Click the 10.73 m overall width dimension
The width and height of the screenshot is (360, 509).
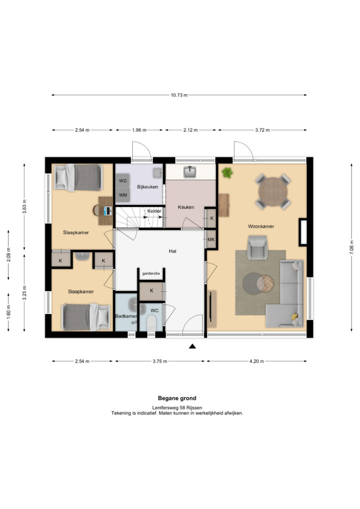tap(179, 95)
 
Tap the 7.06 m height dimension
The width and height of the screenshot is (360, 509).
tap(352, 247)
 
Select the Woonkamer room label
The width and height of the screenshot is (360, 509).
tap(261, 226)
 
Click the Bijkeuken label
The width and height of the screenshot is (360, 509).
tap(147, 187)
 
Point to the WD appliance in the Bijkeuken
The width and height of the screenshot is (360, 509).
tap(123, 181)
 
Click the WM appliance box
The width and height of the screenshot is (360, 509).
tap(123, 195)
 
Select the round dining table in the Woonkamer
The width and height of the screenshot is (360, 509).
tap(273, 192)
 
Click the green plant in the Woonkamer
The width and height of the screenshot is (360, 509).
tap(227, 172)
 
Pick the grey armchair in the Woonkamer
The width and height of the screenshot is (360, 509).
tap(257, 247)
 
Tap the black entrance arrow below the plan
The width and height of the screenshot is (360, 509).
tap(193, 346)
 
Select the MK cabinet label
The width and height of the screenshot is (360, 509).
tap(211, 240)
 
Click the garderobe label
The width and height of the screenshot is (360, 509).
tap(151, 273)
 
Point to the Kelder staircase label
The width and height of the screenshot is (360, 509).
tap(154, 211)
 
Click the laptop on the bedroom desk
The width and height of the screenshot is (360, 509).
tap(107, 211)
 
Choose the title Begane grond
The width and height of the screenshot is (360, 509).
tap(177, 398)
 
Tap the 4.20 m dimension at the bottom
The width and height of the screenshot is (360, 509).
tap(257, 361)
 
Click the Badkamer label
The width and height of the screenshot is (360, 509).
tap(126, 316)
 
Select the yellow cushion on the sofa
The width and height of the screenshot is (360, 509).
tap(295, 316)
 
